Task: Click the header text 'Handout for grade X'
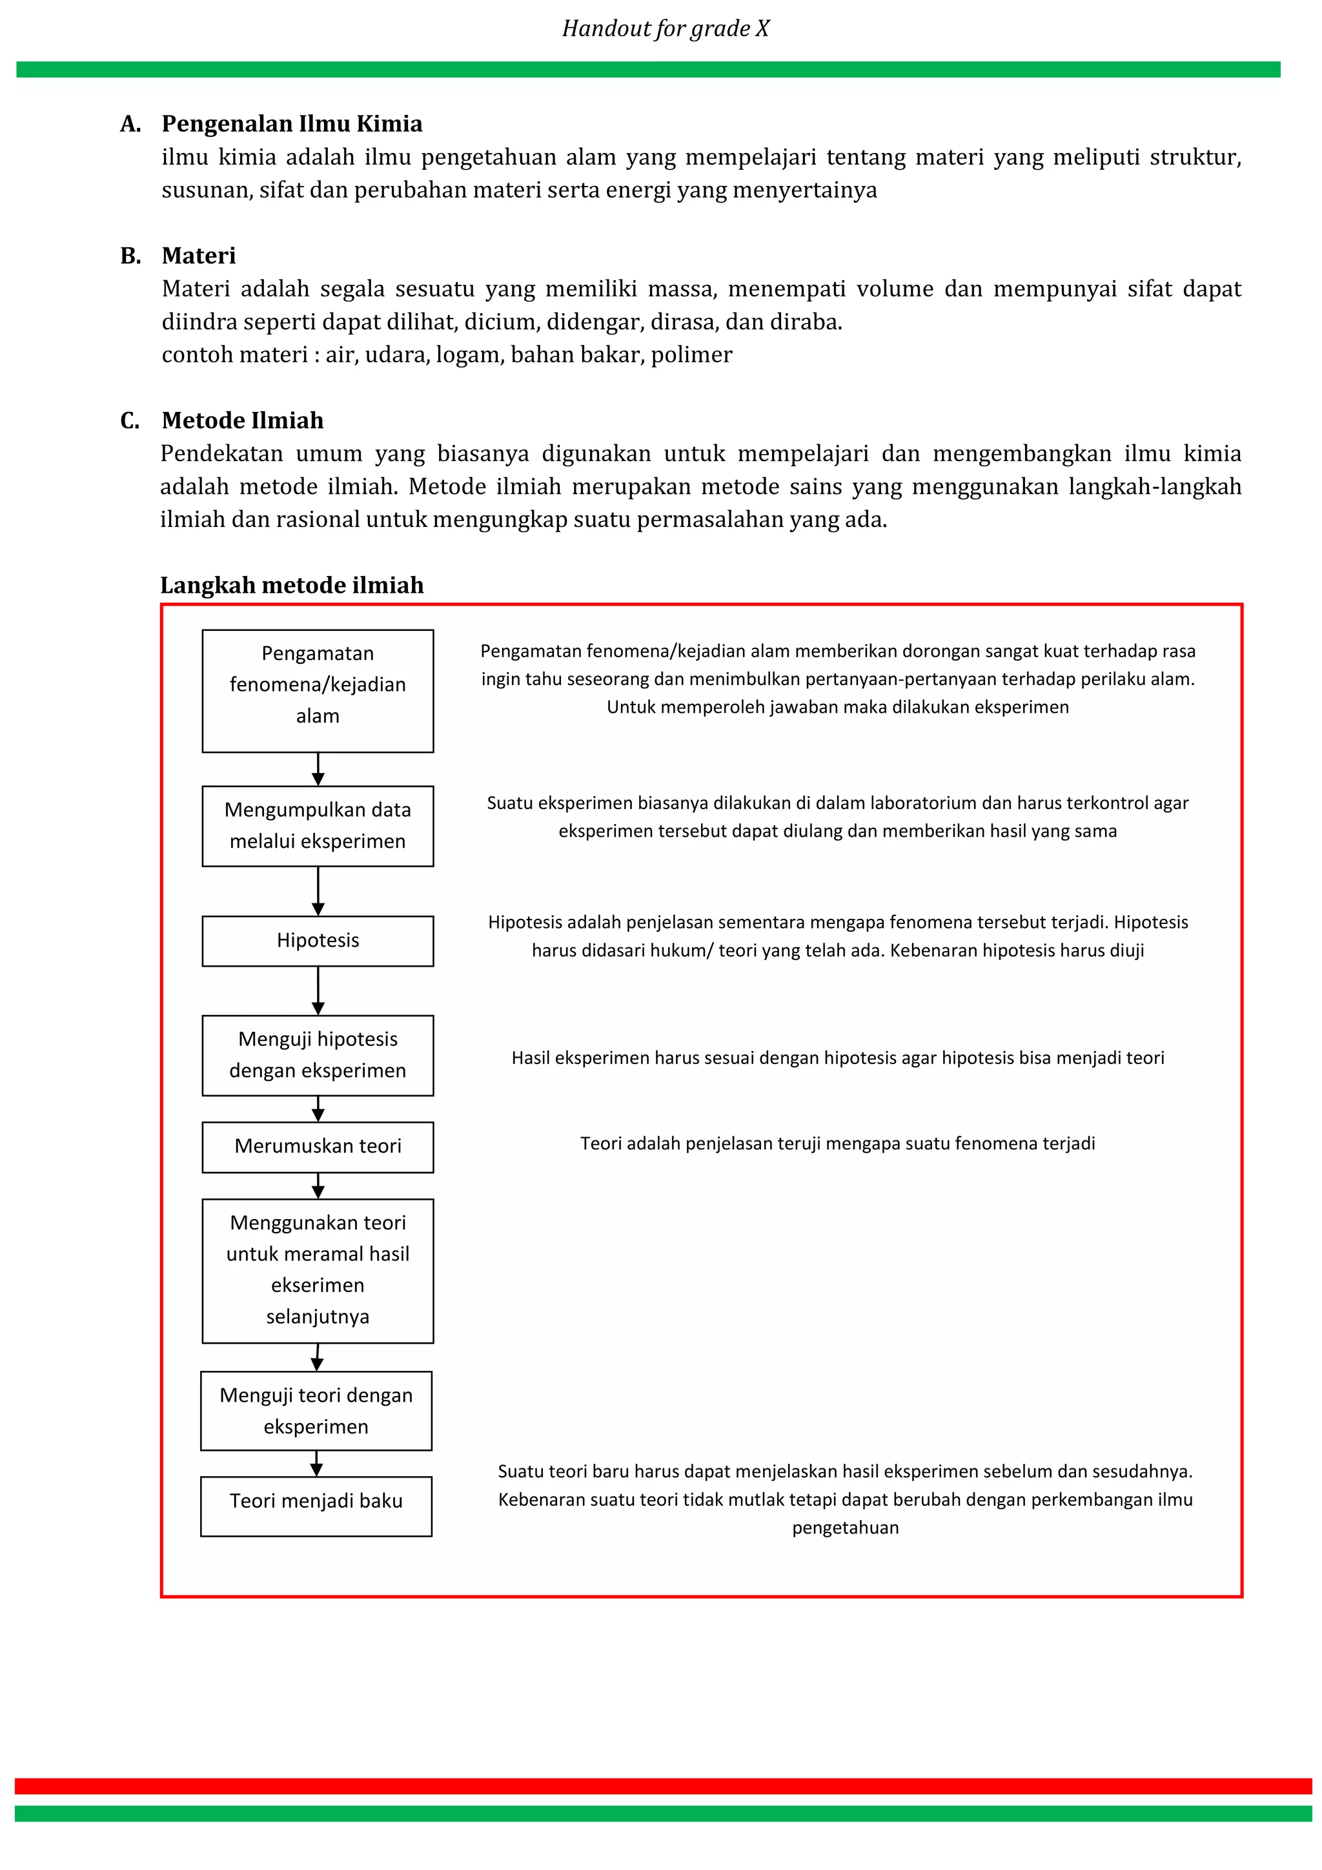[x=665, y=28]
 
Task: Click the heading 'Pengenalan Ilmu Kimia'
[x=291, y=124]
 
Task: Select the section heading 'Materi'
[x=199, y=256]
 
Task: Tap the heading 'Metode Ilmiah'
[x=243, y=420]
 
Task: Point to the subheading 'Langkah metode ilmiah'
[x=291, y=585]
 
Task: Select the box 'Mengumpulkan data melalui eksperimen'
[x=318, y=825]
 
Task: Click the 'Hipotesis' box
[x=318, y=941]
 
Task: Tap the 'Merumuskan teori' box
[x=318, y=1147]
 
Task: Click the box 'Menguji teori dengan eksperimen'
[x=316, y=1411]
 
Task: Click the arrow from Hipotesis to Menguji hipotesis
[x=318, y=991]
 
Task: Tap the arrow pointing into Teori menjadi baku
[x=316, y=1464]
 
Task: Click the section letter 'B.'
[x=130, y=256]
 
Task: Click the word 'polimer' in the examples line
[x=691, y=354]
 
